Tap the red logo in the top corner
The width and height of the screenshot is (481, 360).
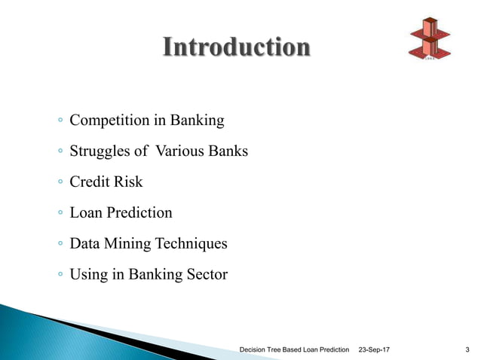[428, 37]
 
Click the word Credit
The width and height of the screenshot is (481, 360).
[89, 182]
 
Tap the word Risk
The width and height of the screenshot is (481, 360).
[128, 182]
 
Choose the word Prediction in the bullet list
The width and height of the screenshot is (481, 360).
[139, 213]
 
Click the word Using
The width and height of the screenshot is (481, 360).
[88, 275]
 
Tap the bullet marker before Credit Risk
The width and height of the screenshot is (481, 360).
[60, 183]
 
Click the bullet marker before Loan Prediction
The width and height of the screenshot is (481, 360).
[60, 214]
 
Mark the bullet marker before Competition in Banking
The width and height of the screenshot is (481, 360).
[60, 121]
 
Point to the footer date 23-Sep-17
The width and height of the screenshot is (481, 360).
[375, 349]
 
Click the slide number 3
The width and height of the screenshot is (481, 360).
[468, 349]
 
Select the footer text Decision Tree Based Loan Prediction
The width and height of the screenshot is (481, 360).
[294, 349]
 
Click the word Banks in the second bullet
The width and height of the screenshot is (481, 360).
[228, 151]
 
